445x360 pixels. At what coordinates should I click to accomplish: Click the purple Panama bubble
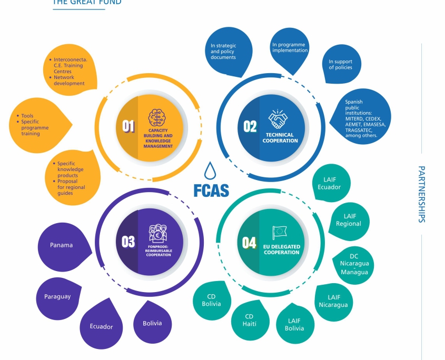click(64, 246)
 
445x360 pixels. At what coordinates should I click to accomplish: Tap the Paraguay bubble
click(58, 298)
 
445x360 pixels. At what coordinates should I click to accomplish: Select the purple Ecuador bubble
click(101, 325)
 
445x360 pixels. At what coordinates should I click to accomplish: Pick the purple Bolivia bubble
click(152, 323)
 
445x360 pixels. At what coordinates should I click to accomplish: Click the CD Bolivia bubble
click(212, 300)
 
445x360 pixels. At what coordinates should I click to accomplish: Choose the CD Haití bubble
click(250, 320)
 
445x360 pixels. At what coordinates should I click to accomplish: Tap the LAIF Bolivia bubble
click(295, 324)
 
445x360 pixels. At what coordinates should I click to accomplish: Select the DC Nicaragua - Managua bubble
click(353, 265)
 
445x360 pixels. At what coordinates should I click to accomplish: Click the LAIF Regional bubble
click(350, 221)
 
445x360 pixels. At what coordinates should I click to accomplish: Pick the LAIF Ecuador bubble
click(331, 183)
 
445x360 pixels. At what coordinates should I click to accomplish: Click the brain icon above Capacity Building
click(156, 118)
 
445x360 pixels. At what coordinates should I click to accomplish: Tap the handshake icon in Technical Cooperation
click(278, 119)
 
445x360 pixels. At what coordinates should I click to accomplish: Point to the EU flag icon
click(280, 233)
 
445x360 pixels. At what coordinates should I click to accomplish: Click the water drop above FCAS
click(210, 171)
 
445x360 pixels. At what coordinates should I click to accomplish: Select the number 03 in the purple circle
click(128, 242)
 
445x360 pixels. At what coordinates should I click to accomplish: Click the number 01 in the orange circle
click(128, 126)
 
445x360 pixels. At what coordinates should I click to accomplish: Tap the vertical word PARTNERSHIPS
click(422, 194)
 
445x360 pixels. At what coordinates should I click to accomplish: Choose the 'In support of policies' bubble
click(341, 64)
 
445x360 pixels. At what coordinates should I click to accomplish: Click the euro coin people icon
click(158, 234)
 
